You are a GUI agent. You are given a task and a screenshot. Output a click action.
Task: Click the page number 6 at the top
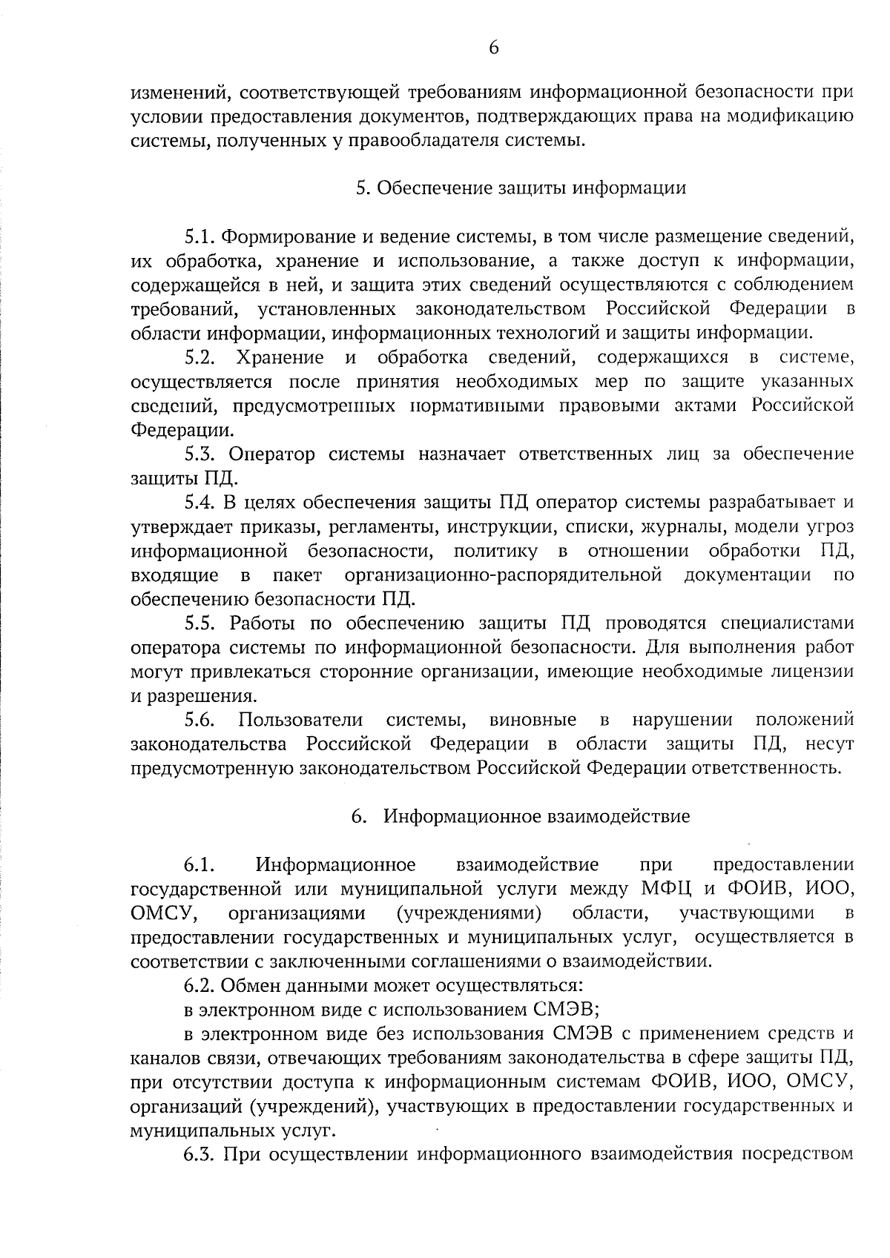493,48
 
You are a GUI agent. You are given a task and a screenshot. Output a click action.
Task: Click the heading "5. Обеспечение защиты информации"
521,188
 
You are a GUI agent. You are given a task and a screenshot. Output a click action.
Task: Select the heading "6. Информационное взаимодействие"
521,816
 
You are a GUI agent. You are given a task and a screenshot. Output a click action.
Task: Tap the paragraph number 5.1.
200,237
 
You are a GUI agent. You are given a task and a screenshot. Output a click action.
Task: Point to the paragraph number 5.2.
200,358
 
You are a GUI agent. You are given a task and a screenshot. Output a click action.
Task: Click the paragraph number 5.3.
200,454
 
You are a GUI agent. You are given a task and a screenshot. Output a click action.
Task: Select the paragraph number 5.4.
200,502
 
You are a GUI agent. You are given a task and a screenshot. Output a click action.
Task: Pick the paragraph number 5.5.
200,623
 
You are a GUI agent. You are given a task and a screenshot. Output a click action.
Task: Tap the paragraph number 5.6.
200,720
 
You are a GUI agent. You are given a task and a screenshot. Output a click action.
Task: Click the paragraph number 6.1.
200,865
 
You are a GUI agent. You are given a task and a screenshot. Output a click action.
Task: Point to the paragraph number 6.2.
200,986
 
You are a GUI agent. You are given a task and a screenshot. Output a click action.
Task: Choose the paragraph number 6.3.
200,1155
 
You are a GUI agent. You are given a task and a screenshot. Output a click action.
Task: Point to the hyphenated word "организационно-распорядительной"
504,575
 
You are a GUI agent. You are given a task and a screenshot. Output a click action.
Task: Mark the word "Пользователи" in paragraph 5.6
300,720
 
